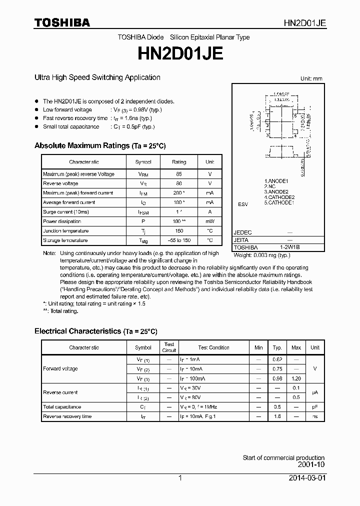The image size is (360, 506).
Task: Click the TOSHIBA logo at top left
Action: tap(62, 22)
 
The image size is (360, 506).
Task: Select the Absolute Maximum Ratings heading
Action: tap(99, 145)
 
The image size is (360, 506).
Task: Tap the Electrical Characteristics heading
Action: tap(95, 331)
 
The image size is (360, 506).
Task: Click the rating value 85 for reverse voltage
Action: tap(179, 174)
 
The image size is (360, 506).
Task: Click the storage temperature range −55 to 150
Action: tap(179, 240)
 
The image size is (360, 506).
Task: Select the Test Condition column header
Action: tap(213, 347)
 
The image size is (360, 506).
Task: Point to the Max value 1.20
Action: tap(296, 378)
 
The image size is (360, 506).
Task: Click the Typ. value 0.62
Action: tap(277, 359)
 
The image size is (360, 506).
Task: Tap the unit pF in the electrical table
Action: tap(315, 407)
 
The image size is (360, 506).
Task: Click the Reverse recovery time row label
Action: tap(67, 416)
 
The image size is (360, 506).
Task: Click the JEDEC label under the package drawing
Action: tap(243, 232)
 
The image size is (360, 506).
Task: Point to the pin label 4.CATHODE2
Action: tap(279, 197)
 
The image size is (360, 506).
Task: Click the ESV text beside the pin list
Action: tap(242, 204)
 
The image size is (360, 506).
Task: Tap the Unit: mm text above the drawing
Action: tap(312, 79)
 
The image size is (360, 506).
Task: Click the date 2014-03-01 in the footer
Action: tap(307, 478)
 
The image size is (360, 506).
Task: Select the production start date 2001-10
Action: tap(312, 464)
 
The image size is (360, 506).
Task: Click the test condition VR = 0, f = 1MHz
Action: tap(198, 407)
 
